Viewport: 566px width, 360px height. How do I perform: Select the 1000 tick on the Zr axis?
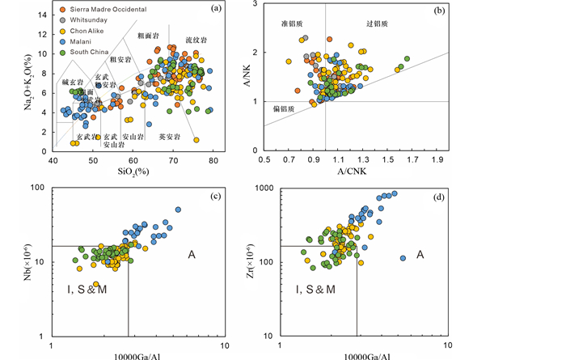(x=263, y=188)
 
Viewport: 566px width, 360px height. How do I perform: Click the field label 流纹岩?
(x=193, y=39)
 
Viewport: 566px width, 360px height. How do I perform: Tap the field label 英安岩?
(x=168, y=137)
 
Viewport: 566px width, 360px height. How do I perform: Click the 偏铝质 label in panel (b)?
(x=283, y=107)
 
